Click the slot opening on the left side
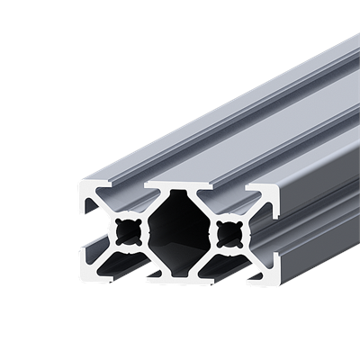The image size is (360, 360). tap(88, 229)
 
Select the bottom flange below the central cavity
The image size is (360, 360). tap(176, 274)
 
